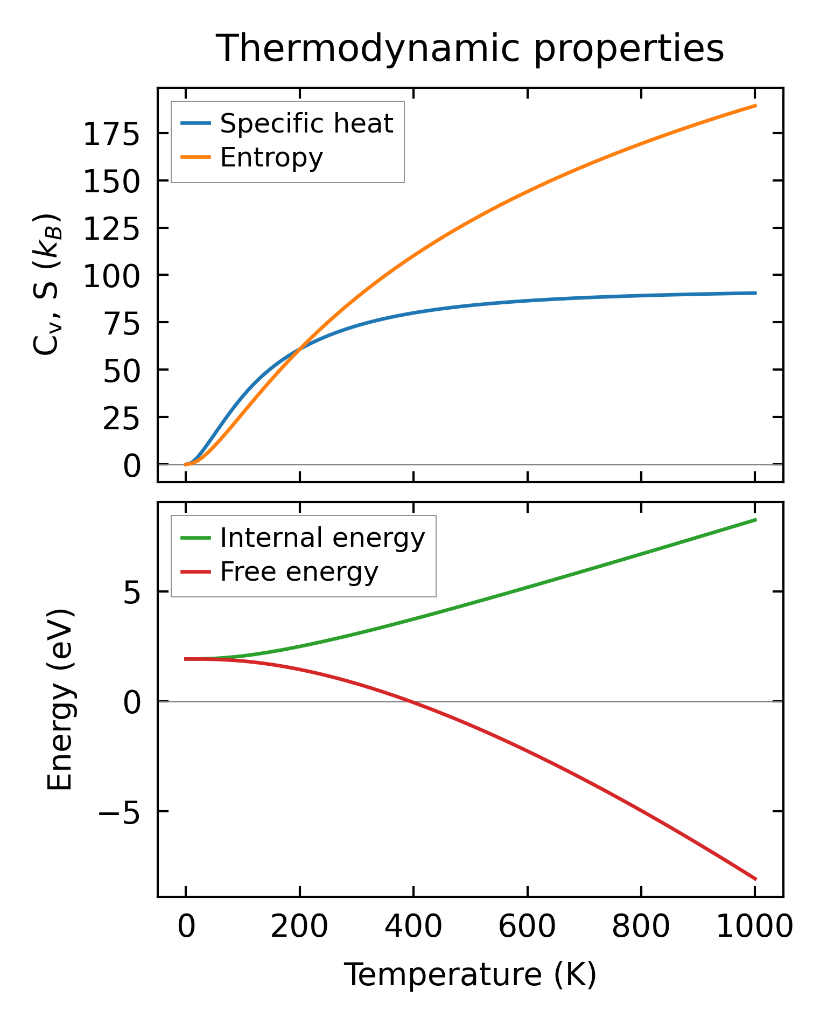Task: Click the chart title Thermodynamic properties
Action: pyautogui.click(x=469, y=48)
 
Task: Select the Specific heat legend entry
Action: pyautogui.click(x=306, y=123)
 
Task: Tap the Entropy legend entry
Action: pyautogui.click(x=271, y=157)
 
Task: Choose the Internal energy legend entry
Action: pyautogui.click(x=322, y=538)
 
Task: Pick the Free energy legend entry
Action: pyautogui.click(x=299, y=572)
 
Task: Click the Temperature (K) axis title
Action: pyautogui.click(x=470, y=974)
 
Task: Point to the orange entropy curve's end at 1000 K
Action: pyautogui.click(x=756, y=106)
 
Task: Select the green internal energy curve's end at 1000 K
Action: pyautogui.click(x=756, y=520)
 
